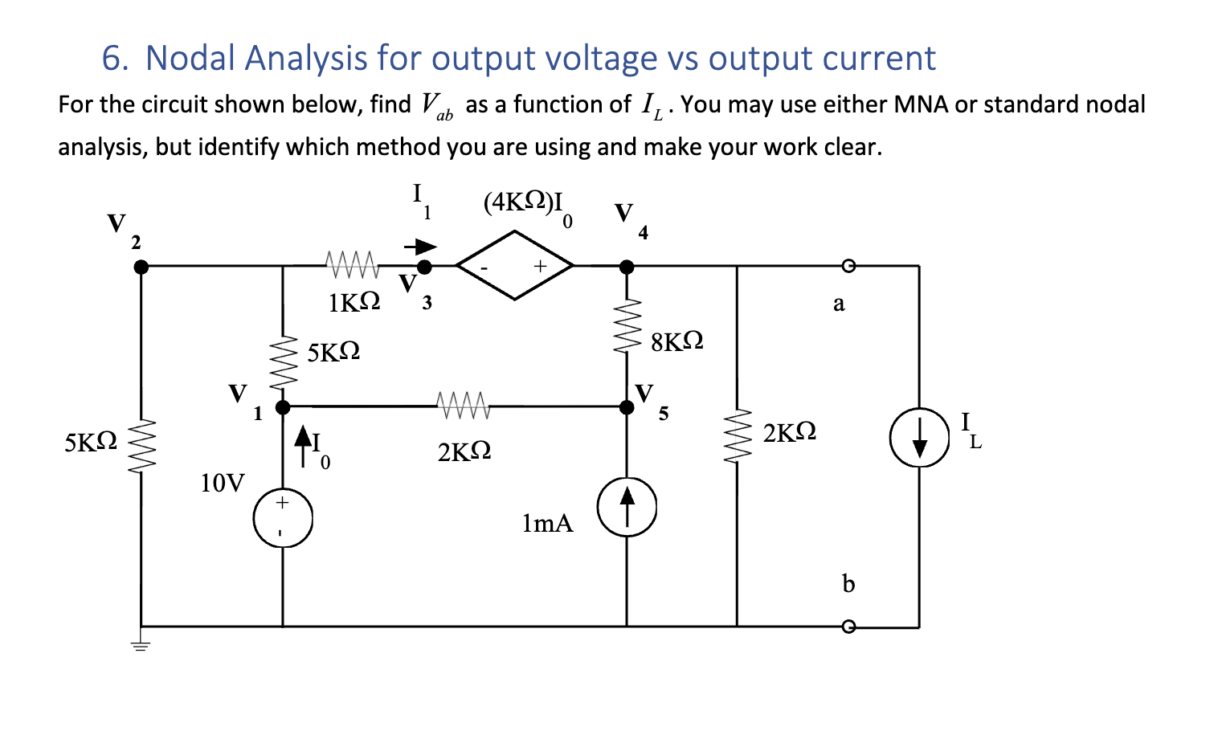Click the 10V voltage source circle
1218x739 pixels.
(x=283, y=518)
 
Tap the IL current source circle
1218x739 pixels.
(x=919, y=438)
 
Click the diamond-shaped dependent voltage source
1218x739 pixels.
(x=515, y=265)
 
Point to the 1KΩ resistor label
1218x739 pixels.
(x=354, y=303)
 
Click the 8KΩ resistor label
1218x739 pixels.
(x=677, y=341)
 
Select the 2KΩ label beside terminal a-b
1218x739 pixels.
(x=789, y=433)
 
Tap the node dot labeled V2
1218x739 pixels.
(x=141, y=267)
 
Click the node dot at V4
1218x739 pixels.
(x=627, y=267)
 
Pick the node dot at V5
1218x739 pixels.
(x=627, y=407)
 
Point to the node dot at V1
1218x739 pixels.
(x=283, y=407)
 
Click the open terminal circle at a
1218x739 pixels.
(x=847, y=266)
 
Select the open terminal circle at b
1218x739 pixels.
(x=847, y=627)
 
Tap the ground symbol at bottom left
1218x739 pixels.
(x=141, y=644)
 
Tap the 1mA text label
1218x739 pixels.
(x=547, y=524)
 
